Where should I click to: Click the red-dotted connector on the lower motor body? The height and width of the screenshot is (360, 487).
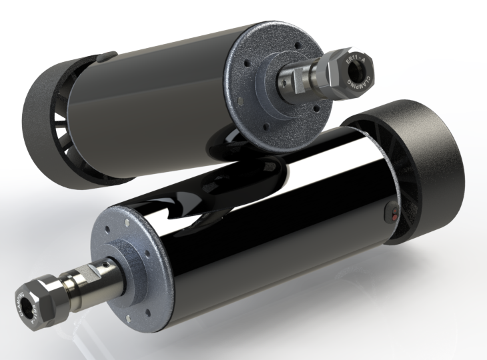pyautogui.click(x=394, y=215)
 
